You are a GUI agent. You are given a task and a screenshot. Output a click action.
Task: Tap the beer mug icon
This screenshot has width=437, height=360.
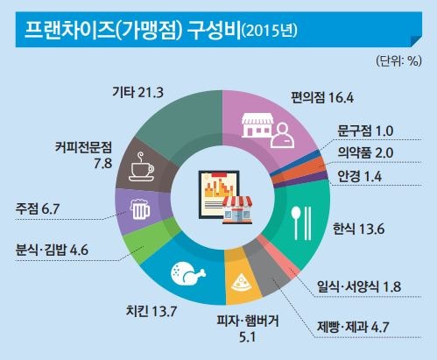140,209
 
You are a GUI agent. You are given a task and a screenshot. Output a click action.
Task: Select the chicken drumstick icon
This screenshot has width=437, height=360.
188,274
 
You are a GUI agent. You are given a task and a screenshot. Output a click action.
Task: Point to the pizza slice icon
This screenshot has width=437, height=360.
241,283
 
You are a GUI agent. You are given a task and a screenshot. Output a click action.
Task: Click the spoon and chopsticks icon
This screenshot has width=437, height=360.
301,223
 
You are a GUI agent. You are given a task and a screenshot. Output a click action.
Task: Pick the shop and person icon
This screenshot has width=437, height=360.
268,131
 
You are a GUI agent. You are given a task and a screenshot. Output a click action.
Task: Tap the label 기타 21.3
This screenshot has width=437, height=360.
137,93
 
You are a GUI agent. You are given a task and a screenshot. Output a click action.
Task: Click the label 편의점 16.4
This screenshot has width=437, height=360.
322,97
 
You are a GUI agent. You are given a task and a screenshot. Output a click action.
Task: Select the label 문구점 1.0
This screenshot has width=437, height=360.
365,131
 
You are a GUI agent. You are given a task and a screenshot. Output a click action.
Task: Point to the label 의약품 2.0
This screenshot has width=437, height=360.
365,152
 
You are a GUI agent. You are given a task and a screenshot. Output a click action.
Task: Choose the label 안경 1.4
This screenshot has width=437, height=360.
359,176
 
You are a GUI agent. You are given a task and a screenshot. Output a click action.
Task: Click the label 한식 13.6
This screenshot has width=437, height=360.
359,229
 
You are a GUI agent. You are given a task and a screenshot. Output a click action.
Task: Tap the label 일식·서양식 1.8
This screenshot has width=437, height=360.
359,286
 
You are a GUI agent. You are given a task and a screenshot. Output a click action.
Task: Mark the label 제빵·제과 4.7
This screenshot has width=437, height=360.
353,327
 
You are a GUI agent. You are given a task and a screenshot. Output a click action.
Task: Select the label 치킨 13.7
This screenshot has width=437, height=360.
152,311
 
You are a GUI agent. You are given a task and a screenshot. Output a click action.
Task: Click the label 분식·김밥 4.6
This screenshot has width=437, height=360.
52,250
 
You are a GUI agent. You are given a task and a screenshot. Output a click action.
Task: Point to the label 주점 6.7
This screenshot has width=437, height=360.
38,208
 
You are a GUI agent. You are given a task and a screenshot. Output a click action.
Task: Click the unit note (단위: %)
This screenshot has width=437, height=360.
398,61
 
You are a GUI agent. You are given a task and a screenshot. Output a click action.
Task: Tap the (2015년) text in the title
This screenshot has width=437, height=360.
270,31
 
